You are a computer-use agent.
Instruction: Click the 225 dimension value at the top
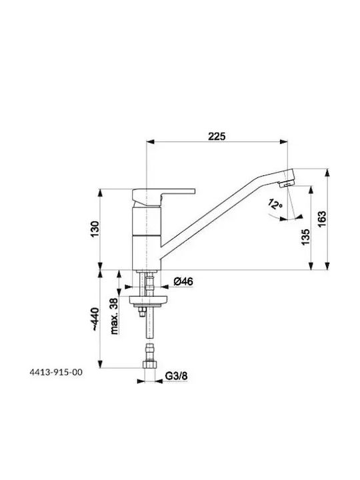tap(217, 136)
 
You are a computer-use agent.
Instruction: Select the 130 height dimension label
tap(95, 229)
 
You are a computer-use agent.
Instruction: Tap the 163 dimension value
tap(322, 219)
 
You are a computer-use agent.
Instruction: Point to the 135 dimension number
tap(305, 237)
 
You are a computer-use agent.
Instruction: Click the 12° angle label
tap(275, 204)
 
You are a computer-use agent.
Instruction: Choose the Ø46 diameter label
tap(183, 281)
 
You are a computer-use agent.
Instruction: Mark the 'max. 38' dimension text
tap(114, 316)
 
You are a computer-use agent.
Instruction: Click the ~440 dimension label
tap(95, 319)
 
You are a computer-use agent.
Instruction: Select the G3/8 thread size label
tap(176, 375)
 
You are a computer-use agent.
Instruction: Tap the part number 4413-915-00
tap(56, 372)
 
